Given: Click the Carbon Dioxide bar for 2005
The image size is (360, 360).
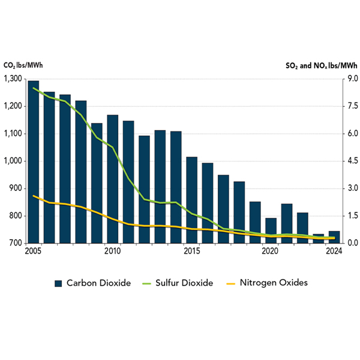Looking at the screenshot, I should pyautogui.click(x=34, y=162).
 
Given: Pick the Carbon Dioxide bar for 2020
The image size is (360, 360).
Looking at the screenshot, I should pyautogui.click(x=271, y=230).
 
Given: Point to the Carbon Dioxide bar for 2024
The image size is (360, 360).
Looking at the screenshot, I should pyautogui.click(x=334, y=237).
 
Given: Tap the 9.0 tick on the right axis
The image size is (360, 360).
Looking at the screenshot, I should pyautogui.click(x=350, y=79).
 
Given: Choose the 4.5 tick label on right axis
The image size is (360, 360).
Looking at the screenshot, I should pyautogui.click(x=350, y=161).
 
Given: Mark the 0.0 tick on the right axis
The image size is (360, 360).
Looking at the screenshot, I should pyautogui.click(x=350, y=243).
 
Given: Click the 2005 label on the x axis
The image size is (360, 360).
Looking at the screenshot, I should pyautogui.click(x=34, y=252).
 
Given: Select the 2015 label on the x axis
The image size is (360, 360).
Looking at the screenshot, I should pyautogui.click(x=192, y=252).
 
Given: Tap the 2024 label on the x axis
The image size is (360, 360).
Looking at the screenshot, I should pyautogui.click(x=334, y=252).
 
